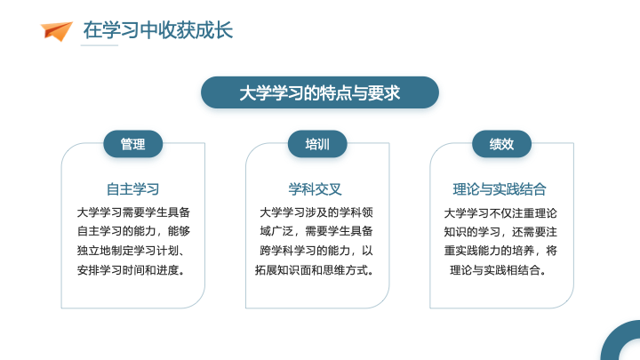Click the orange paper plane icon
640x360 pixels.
56,31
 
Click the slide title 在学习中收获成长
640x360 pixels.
158,30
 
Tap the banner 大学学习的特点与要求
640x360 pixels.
320,92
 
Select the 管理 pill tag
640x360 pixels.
133,144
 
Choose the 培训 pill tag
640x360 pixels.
317,144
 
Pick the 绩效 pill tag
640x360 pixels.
501,144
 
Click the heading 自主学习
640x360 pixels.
133,189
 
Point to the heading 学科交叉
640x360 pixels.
315,189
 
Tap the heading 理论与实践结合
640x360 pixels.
500,189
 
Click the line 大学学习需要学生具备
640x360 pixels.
133,212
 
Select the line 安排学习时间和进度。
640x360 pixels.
131,270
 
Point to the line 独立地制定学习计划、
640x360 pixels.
131,250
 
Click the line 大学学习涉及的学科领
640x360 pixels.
316,212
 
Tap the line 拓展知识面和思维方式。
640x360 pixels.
315,270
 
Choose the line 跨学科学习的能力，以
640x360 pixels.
316,250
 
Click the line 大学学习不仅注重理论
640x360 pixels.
500,213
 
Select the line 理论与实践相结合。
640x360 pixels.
498,270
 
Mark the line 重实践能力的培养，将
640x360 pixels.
500,250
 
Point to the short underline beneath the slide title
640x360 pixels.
100,45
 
